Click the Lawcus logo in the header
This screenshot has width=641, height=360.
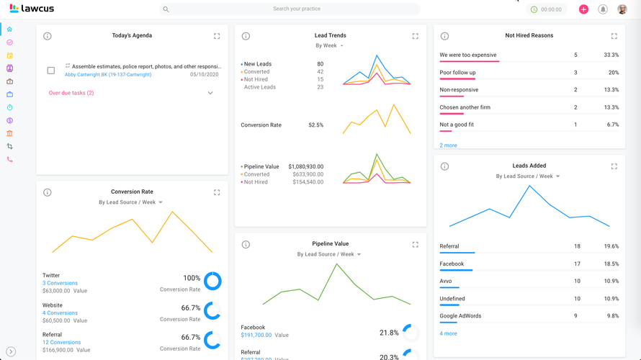tap(32, 9)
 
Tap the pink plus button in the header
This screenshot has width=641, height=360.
tap(583, 9)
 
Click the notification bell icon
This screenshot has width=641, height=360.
tap(603, 9)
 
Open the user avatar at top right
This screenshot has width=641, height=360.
tap(622, 9)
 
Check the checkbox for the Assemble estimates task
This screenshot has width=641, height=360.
tap(50, 71)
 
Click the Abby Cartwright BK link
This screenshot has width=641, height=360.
tap(108, 75)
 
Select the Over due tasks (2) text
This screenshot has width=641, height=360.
tap(71, 93)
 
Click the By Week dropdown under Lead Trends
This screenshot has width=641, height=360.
tap(330, 46)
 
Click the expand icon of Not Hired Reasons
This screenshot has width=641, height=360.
tap(614, 36)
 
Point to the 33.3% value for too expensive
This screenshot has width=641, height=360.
tap(611, 55)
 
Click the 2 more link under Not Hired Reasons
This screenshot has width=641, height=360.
tap(448, 145)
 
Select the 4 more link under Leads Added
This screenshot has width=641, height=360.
tap(448, 333)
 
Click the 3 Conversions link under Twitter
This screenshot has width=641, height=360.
tap(60, 284)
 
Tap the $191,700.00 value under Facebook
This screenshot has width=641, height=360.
tap(256, 336)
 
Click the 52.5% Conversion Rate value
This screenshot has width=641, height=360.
tap(315, 125)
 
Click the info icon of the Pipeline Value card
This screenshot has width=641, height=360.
tap(246, 245)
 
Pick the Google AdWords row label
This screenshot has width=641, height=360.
tap(461, 316)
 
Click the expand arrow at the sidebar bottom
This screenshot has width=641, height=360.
tap(10, 352)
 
